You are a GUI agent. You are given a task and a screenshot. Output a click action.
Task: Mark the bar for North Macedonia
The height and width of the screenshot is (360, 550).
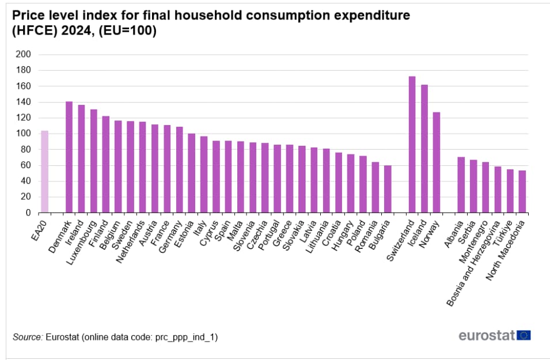pyautogui.click(x=522, y=191)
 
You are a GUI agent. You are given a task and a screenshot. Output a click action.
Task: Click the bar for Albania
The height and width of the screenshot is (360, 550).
pyautogui.click(x=461, y=184)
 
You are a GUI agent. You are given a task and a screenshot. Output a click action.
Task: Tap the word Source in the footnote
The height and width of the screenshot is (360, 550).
pyautogui.click(x=27, y=336)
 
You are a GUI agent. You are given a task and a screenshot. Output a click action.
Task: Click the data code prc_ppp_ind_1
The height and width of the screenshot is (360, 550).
pyautogui.click(x=184, y=336)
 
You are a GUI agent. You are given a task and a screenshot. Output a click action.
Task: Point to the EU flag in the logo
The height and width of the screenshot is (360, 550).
pyautogui.click(x=524, y=335)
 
